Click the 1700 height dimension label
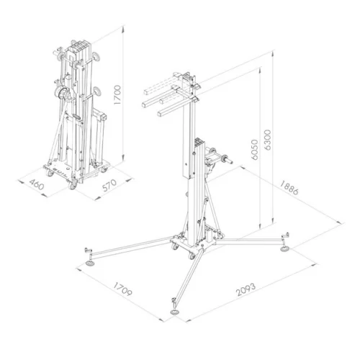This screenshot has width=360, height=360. point(117,94)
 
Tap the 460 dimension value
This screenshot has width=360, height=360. point(37,184)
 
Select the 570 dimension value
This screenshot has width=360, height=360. point(109,185)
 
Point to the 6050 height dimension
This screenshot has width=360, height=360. point(255,150)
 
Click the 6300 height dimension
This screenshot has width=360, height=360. point(267,140)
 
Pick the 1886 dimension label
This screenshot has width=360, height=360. point(289,188)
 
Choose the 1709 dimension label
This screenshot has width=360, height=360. point(122,289)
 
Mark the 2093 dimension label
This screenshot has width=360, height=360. point(246,289)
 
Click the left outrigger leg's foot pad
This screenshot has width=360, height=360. point(91,264)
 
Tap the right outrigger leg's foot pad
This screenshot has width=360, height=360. point(285,249)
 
